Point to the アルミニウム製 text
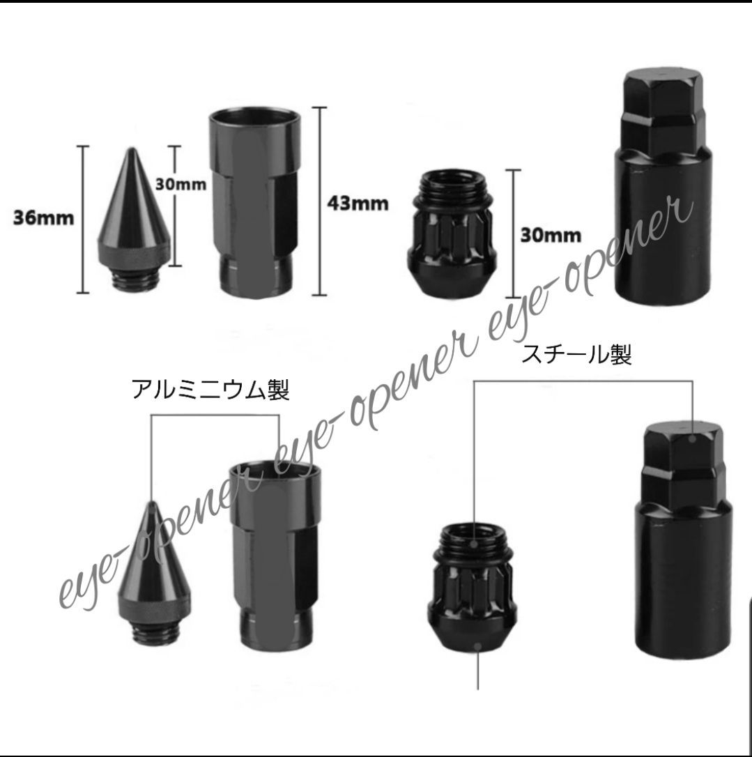210,390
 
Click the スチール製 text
576,356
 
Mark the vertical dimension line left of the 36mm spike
84,219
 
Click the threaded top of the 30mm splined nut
451,189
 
